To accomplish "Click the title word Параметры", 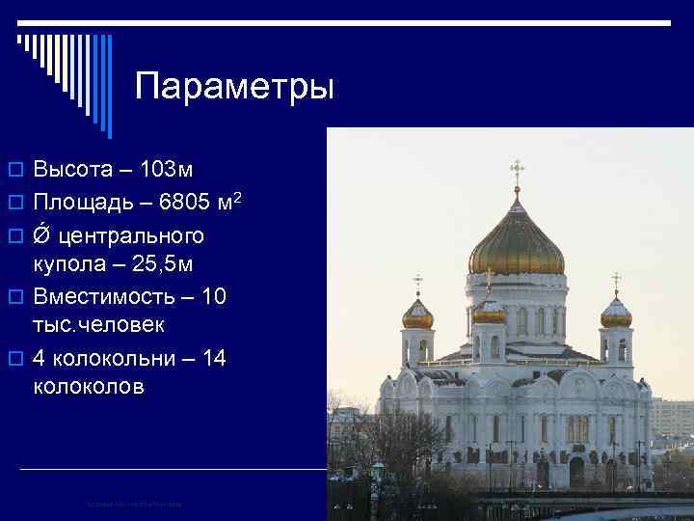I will tap(234, 87).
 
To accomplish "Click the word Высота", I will tap(74, 171).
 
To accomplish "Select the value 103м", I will tap(167, 171).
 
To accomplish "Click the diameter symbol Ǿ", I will tap(43, 235).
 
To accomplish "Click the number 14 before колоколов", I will tap(215, 359).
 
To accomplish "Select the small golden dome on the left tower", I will tap(417, 314).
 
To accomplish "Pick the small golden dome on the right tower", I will tap(616, 313).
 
